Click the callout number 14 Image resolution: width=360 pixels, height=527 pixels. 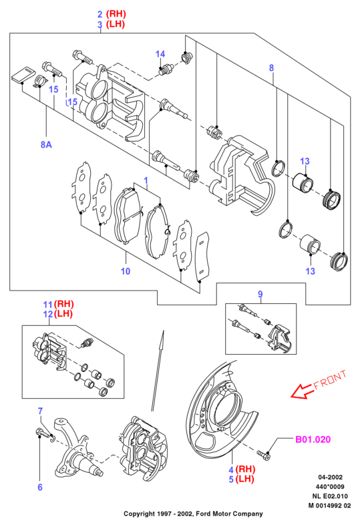click(160, 54)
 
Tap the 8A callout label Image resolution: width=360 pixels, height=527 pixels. click(46, 144)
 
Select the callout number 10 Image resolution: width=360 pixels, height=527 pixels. click(126, 271)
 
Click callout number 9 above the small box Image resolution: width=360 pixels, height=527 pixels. click(260, 295)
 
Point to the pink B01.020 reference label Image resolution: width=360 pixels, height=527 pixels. click(313, 440)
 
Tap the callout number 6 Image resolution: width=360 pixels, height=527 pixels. click(40, 487)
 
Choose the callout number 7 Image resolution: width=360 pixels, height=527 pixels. click(40, 411)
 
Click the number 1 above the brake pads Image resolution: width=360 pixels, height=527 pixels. click(146, 181)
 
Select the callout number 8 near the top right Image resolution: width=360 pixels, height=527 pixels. click(271, 68)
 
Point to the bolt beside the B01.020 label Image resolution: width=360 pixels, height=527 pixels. click(264, 455)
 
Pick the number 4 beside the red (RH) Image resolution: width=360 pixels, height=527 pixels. click(231, 470)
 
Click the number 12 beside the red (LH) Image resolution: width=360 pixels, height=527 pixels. click(47, 315)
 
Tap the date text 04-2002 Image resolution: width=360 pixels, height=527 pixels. click(331, 478)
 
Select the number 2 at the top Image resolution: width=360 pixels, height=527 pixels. click(100, 15)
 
